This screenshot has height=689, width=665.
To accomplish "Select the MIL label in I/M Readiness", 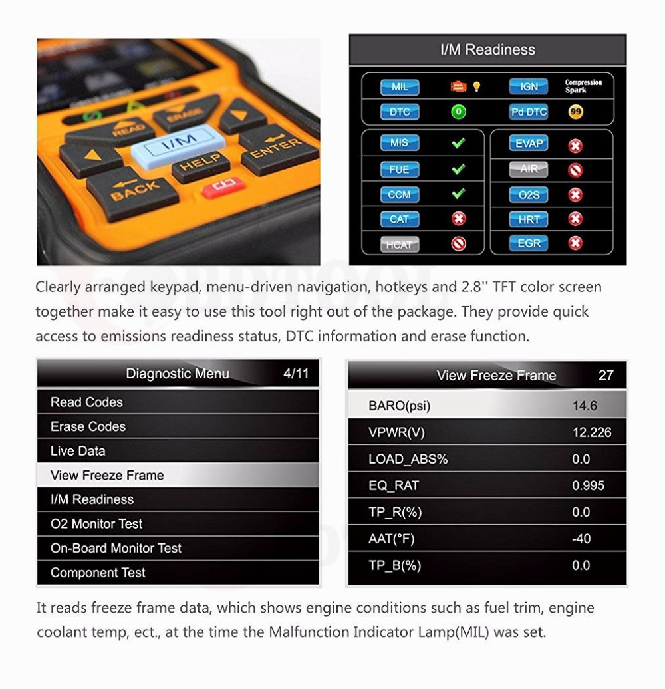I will tap(400, 87).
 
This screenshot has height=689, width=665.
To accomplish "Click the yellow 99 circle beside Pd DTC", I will tap(576, 112).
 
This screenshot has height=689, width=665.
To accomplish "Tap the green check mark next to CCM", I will tap(458, 194).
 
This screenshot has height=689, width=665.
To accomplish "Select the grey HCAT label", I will tap(399, 244).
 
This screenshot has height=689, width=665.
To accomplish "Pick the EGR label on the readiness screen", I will tap(529, 243).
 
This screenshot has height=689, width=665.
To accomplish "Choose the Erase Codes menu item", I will tap(88, 426).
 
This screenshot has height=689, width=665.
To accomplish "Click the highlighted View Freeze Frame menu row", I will tap(177, 475).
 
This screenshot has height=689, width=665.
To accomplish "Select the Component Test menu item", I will tap(98, 573).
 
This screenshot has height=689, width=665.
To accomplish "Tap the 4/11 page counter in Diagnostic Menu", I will tap(296, 373).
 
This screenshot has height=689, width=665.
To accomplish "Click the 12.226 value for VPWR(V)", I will tap(592, 432).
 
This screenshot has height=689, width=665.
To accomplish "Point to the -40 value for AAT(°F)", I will tap(581, 539).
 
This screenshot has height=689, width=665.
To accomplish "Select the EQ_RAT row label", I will tap(394, 485).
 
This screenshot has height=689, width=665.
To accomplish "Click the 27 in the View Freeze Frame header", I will tap(606, 375).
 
